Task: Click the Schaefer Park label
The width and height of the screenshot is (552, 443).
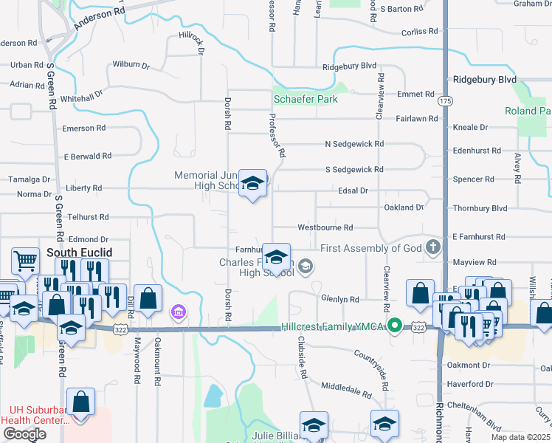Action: [305, 99]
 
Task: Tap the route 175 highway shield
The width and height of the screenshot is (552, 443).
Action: [444, 100]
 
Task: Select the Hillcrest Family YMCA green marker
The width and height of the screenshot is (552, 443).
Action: [396, 325]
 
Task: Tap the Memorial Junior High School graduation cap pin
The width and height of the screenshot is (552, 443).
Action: [252, 184]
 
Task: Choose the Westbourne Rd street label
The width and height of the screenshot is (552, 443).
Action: [325, 227]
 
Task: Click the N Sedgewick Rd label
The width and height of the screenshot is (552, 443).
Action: [354, 144]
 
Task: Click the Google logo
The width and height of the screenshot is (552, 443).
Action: [24, 433]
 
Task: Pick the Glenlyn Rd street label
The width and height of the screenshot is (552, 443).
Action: [339, 299]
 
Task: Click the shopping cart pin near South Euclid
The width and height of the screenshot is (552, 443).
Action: [25, 261]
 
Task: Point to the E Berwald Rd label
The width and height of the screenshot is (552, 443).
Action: [87, 157]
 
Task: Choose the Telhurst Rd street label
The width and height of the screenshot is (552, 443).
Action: [88, 217]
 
